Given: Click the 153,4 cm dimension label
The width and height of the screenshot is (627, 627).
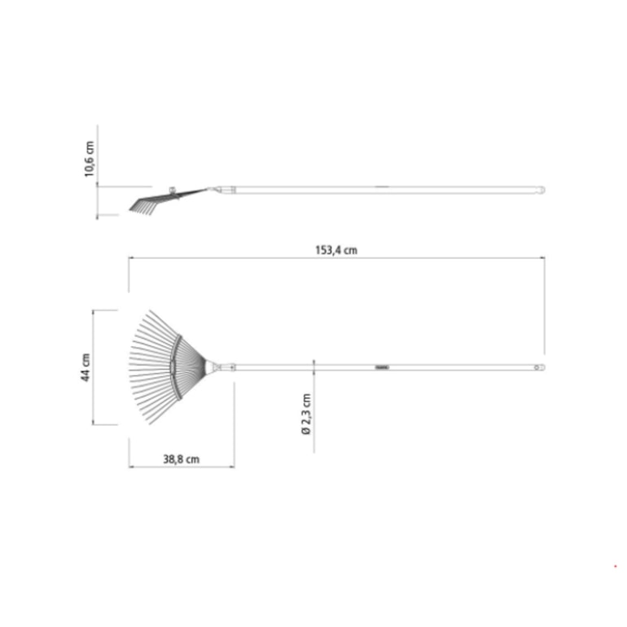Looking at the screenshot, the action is coord(336,250).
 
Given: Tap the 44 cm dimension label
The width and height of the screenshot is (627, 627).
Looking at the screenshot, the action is coord(85,367).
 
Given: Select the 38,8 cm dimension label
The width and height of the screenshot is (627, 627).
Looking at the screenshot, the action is coord(181,459).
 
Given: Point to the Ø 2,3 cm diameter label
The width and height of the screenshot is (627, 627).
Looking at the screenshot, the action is coord(306,414).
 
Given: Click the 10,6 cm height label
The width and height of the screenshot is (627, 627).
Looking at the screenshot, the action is coord(90,159).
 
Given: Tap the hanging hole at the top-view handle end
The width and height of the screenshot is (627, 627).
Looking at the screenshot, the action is coord(537,367).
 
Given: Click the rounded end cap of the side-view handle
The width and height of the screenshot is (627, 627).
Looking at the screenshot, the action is coord(541,190).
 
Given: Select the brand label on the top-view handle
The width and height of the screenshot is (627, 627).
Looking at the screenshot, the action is coord(382,367).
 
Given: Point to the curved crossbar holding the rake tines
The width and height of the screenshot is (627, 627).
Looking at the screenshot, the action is coord(176,366).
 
